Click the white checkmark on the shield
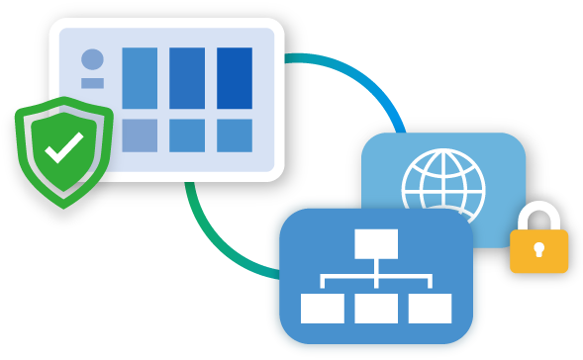click(x=64, y=149)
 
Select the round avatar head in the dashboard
click(x=92, y=59)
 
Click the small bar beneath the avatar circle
click(x=92, y=83)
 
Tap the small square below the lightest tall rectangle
click(x=140, y=135)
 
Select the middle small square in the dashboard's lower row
click(x=187, y=135)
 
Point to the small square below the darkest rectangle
click(x=235, y=135)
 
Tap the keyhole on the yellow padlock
click(x=537, y=248)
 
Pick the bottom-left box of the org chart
click(x=322, y=309)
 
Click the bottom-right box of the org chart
click(x=430, y=309)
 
